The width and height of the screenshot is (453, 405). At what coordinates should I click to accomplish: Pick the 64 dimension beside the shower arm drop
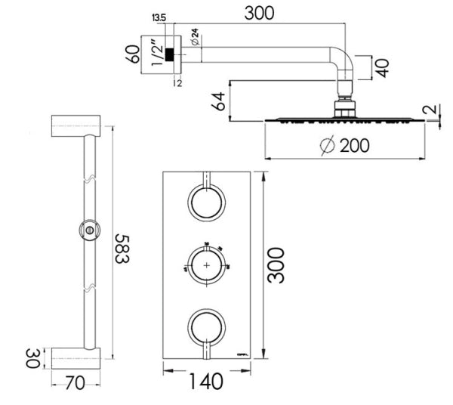click(x=219, y=101)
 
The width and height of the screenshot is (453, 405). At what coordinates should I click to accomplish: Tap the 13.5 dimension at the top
click(x=159, y=17)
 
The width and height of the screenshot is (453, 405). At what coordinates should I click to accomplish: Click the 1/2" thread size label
click(x=156, y=54)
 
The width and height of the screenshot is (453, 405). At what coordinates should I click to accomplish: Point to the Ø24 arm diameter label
click(x=195, y=38)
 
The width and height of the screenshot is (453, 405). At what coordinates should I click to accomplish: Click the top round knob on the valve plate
click(x=206, y=203)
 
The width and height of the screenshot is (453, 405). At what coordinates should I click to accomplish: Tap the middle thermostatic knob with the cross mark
click(x=206, y=265)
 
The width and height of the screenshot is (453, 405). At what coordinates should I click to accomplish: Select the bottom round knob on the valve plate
click(x=206, y=327)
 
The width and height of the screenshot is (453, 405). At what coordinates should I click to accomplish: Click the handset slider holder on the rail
click(x=89, y=229)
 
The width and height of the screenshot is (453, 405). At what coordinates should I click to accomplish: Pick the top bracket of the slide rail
click(x=75, y=126)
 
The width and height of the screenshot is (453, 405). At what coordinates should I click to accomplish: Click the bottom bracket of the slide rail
click(x=75, y=357)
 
